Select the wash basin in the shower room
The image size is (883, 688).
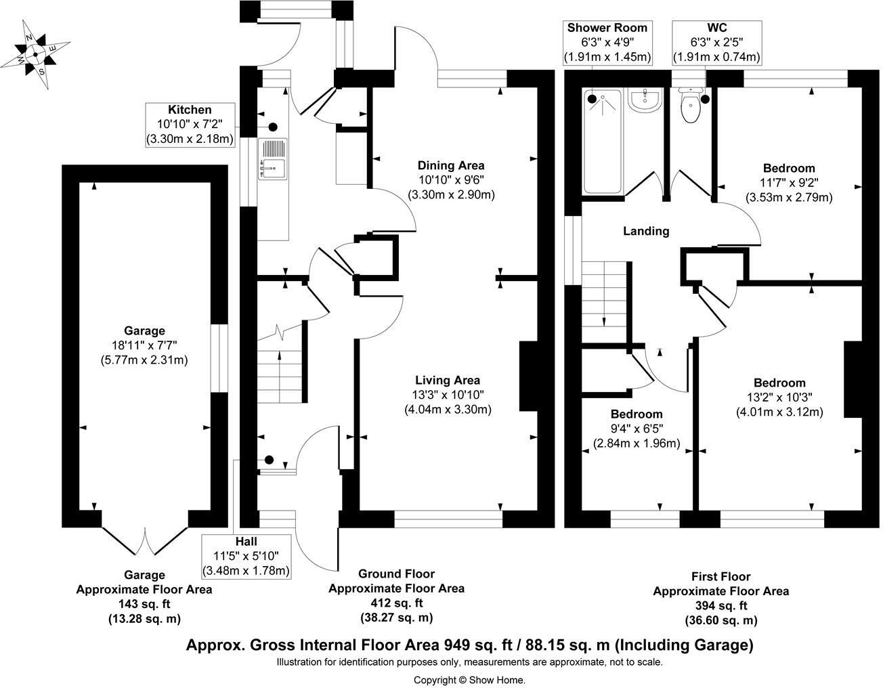pos(643,100)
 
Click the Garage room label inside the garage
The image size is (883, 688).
pos(144,330)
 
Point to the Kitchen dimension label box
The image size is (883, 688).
pos(190,124)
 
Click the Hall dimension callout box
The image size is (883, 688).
pos(246,556)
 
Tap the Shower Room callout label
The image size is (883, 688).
pos(607,42)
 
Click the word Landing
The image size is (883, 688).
pos(646,231)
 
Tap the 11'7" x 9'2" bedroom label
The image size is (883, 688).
pos(789,183)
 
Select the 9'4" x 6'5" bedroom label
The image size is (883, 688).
pos(637,429)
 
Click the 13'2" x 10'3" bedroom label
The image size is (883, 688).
pos(779,397)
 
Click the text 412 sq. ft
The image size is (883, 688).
pos(397,603)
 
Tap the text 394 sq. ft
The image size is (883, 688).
pos(720,605)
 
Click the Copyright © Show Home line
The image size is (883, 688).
pos(469,680)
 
